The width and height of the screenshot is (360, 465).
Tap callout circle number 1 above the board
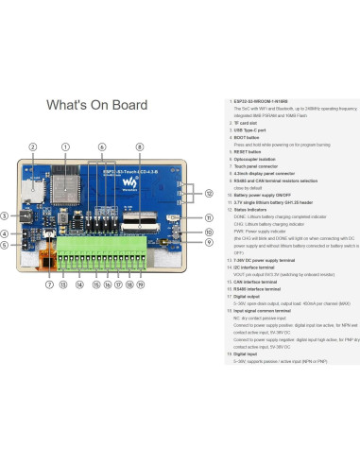pyautogui.click(x=65, y=147)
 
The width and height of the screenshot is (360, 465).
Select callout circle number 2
pyautogui.click(x=32, y=147)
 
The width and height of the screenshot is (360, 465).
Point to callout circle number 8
pyautogui.click(x=140, y=147)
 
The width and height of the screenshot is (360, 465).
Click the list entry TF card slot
pyautogui.click(x=249, y=122)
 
